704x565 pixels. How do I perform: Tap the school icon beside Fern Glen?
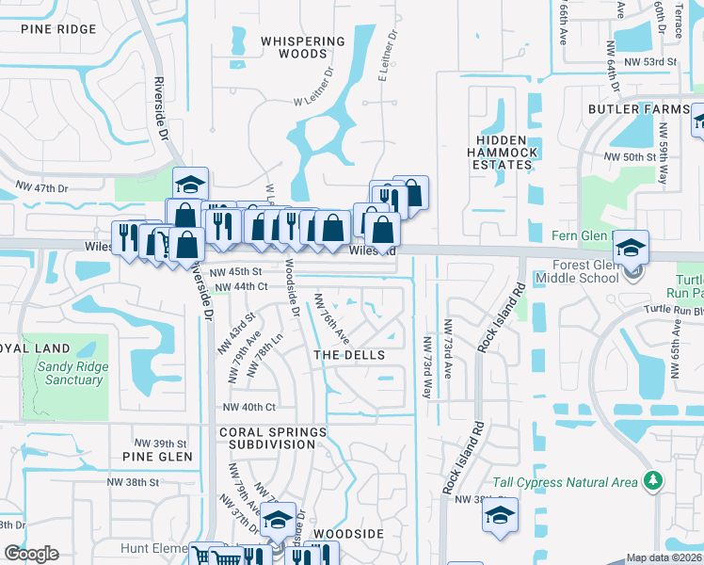pos(630,248)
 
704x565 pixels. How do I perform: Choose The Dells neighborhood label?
pos(349,355)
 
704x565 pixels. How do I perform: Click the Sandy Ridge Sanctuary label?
pos(71,373)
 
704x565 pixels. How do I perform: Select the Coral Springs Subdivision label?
pos(273,438)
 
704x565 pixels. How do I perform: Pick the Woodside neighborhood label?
pos(348,534)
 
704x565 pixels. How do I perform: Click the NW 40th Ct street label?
pos(248,407)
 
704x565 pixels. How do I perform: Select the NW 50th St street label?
pos(630,156)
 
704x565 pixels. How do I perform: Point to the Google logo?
pos(31,554)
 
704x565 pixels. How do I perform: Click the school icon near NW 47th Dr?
pos(189,184)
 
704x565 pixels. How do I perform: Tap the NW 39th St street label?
pos(161,443)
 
